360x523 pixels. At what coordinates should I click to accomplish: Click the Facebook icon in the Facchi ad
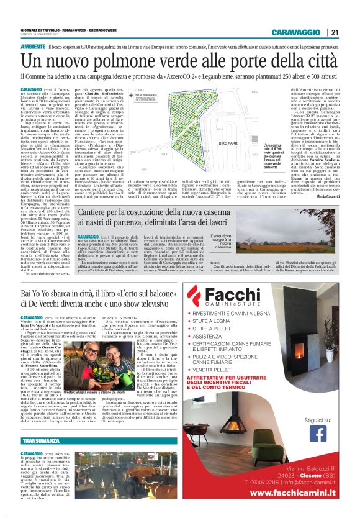[318, 435]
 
